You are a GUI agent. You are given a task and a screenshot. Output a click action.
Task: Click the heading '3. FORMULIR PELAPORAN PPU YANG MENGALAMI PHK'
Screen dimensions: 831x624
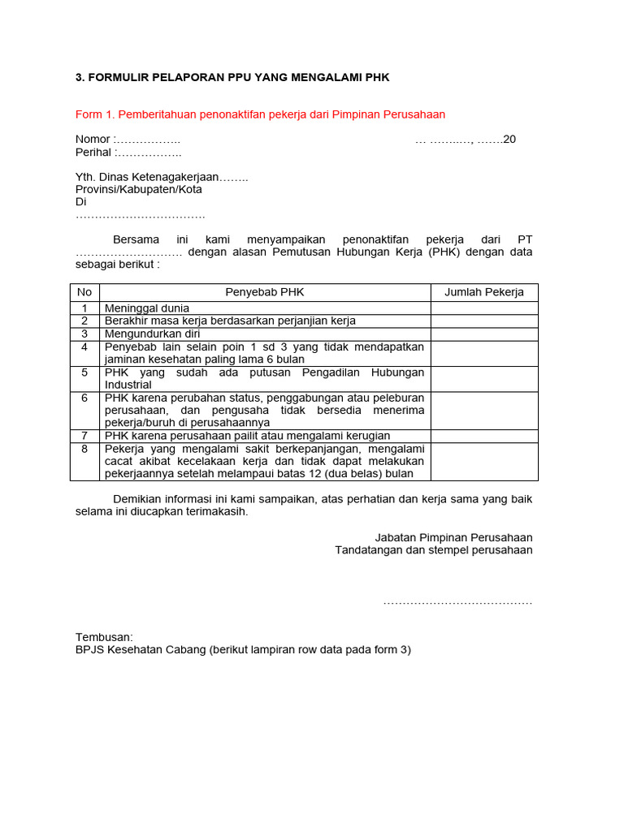(x=232, y=78)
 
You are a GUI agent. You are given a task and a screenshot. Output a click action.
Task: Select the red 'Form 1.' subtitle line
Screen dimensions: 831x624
(x=260, y=114)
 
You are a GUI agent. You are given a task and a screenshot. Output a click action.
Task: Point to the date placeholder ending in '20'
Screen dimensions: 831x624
(x=465, y=140)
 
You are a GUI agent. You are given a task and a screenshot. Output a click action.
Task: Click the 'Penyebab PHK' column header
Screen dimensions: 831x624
(x=265, y=292)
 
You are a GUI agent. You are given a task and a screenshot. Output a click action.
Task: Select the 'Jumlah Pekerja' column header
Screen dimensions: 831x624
(x=483, y=292)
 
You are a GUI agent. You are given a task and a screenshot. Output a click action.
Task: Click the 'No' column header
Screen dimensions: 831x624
(x=84, y=292)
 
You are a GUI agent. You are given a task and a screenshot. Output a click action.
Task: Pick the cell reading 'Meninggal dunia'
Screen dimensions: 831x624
(x=147, y=308)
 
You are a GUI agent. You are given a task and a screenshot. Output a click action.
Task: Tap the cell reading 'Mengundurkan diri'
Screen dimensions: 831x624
(x=152, y=334)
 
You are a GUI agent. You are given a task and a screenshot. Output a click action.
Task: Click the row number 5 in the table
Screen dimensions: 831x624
(x=84, y=372)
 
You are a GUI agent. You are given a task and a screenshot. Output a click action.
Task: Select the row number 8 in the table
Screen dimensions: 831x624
(x=84, y=448)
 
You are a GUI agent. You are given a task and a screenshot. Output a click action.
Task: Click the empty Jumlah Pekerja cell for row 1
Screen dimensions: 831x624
(x=483, y=308)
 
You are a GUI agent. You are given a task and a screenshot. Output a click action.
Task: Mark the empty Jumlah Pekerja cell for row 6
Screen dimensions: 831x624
(x=483, y=411)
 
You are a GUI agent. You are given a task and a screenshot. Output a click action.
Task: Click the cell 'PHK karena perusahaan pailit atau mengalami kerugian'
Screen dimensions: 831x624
(x=247, y=436)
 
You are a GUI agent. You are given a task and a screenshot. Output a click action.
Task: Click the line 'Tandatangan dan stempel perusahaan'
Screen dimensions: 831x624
(x=434, y=550)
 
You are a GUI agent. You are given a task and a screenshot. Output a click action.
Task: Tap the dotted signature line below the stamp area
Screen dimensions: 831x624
(x=457, y=602)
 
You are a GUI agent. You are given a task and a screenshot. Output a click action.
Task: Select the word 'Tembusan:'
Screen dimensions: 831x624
(x=104, y=637)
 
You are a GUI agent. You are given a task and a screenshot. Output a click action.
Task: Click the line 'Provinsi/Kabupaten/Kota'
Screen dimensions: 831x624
(x=139, y=189)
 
